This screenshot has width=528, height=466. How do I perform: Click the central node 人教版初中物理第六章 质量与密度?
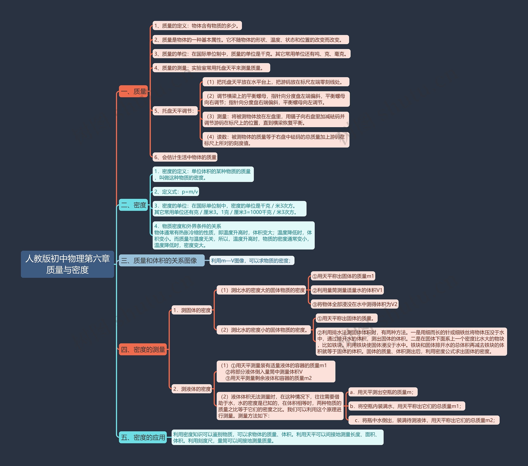(67, 264)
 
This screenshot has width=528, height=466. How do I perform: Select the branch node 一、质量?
(133, 91)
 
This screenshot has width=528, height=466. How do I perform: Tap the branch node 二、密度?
(133, 205)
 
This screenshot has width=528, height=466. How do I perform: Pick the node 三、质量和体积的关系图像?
(162, 260)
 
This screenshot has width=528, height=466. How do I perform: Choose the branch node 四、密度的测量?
(143, 349)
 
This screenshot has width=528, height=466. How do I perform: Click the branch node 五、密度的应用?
(143, 437)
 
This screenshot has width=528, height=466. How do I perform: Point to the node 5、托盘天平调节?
(175, 111)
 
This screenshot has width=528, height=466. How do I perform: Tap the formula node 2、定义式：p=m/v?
(176, 192)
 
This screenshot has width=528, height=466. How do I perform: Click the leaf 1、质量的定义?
(197, 26)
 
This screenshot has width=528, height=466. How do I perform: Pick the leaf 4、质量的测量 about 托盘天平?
(211, 68)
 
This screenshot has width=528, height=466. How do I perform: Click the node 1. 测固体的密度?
(192, 310)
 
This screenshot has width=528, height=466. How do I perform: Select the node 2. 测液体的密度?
(192, 389)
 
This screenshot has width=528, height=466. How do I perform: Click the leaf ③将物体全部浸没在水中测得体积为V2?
(355, 304)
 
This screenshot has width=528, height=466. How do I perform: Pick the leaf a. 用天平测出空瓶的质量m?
(383, 392)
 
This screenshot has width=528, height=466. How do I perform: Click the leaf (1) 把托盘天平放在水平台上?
(276, 82)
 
